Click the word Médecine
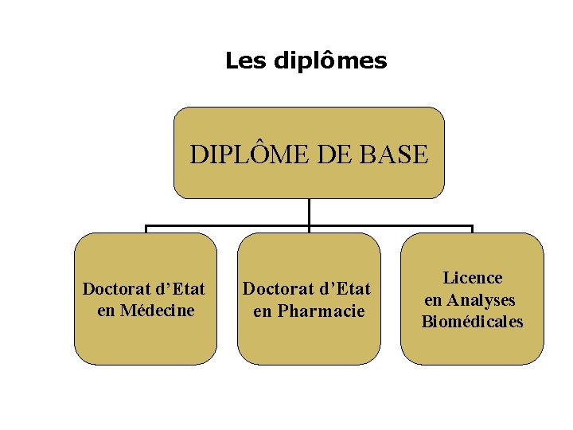157,311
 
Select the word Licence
473,278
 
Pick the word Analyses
481,300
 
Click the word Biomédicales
473,322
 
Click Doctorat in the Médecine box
114,288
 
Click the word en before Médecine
106,311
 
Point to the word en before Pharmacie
263,311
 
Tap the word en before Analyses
434,300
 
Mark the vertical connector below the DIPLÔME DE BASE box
309,212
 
